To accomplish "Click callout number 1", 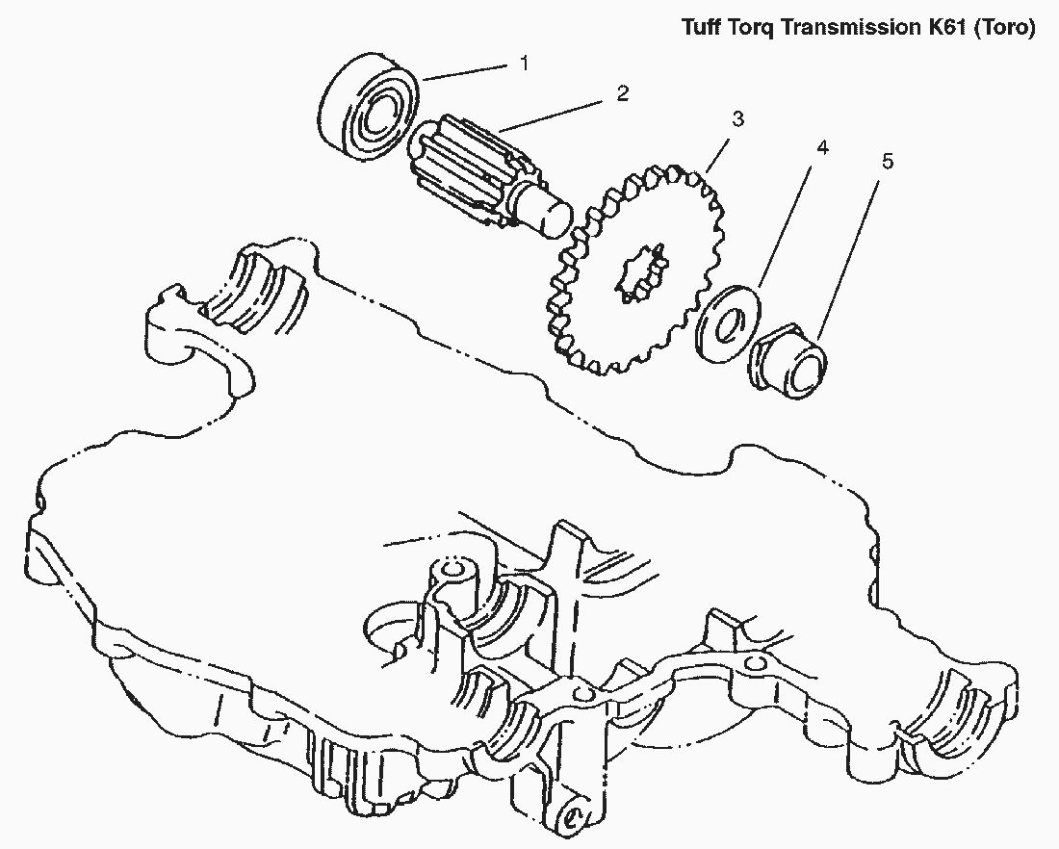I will [x=524, y=64].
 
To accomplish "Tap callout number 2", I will [x=622, y=93].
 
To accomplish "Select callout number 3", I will [x=736, y=119].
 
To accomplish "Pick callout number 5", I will [x=887, y=160].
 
